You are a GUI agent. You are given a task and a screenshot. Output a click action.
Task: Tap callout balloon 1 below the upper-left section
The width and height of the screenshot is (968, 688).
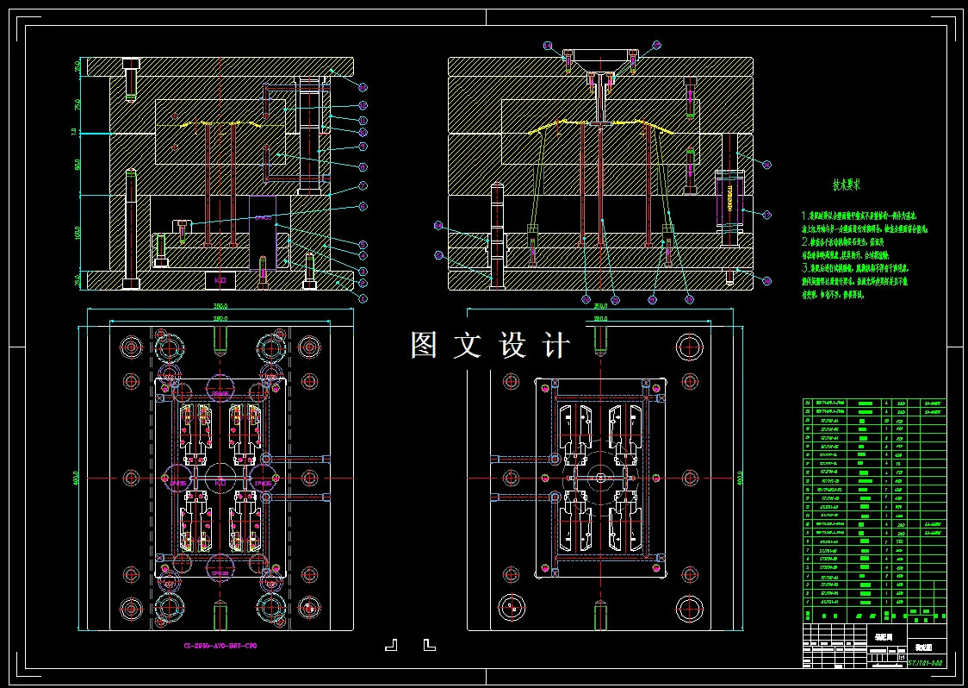coord(363,298)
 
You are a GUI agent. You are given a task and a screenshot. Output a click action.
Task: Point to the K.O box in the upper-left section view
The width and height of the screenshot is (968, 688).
coord(220,281)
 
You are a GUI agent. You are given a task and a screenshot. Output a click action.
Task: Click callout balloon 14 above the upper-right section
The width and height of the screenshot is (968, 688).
coord(546,45)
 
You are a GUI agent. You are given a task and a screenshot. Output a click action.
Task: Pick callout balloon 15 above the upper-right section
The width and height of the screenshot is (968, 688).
coord(656,45)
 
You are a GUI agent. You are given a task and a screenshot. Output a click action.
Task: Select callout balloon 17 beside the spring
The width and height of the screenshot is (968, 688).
coord(766,212)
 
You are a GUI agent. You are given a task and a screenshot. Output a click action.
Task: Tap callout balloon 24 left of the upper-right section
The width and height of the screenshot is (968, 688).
coord(438,225)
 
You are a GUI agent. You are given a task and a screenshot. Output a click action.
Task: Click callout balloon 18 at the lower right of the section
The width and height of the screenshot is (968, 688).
coord(766,280)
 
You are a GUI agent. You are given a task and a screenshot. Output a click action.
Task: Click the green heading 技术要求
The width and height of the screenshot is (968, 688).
coord(846,185)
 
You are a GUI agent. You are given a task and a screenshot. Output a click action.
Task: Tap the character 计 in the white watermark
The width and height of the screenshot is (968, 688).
coord(557,345)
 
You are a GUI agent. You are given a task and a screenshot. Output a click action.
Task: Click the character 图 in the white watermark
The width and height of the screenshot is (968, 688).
coord(425,345)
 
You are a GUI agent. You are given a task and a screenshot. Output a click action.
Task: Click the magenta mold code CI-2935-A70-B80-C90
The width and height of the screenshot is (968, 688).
coord(220,646)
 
